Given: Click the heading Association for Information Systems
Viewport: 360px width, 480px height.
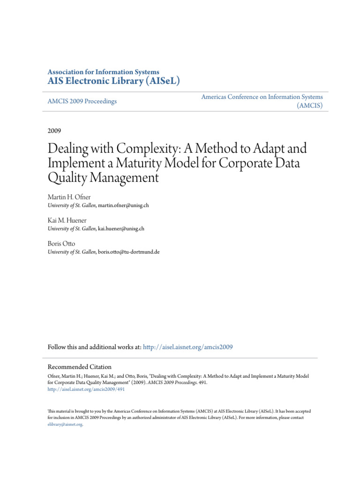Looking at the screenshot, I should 103,72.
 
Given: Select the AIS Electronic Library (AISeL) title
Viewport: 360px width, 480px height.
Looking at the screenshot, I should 114,81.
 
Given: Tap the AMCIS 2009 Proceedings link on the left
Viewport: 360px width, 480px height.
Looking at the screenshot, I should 82,101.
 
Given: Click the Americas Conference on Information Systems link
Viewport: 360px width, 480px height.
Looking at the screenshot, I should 262,97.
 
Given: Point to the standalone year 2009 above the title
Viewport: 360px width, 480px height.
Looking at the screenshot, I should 54,130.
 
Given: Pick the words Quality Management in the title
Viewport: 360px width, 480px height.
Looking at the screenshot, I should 104,178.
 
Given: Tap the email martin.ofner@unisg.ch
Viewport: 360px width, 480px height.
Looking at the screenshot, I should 123,206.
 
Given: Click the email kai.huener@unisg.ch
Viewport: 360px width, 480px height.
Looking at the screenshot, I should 120,229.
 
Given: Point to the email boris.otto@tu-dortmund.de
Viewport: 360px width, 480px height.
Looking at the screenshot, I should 128,252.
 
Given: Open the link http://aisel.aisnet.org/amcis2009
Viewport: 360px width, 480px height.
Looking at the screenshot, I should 188,347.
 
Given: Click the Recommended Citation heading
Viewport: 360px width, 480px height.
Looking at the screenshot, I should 80,367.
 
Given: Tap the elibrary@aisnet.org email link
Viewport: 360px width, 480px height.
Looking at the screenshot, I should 65,424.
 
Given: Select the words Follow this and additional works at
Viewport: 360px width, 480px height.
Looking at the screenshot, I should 94,347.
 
